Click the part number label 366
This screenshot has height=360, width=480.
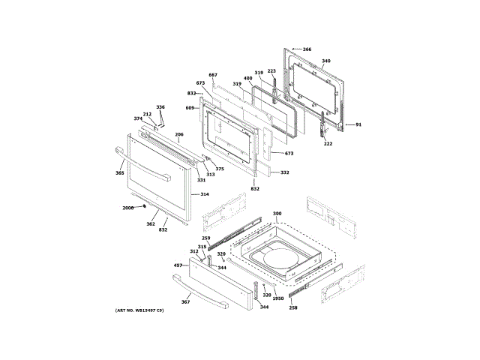click(307, 49)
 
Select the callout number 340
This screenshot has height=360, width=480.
click(325, 61)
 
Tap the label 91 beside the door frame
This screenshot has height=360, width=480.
click(358, 124)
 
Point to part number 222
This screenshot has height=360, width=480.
click(328, 144)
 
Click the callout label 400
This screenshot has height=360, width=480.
click(247, 78)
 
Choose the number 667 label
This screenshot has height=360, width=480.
click(213, 75)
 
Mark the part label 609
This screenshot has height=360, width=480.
click(190, 109)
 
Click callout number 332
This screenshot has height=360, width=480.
click(285, 172)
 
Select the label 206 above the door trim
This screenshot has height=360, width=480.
click(179, 135)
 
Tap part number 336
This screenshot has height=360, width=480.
click(160, 107)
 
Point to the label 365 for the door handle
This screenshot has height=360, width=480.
click(119, 173)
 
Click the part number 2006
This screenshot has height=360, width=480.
click(127, 208)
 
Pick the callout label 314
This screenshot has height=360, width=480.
click(205, 193)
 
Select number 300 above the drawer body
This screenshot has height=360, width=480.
click(277, 214)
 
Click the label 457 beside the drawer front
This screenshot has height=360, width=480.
click(178, 265)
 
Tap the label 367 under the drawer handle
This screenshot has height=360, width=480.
click(186, 301)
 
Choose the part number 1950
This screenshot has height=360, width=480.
click(277, 298)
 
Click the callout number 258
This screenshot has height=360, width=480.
click(293, 308)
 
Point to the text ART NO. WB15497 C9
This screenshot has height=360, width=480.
click(140, 310)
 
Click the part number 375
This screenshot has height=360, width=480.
click(220, 169)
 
